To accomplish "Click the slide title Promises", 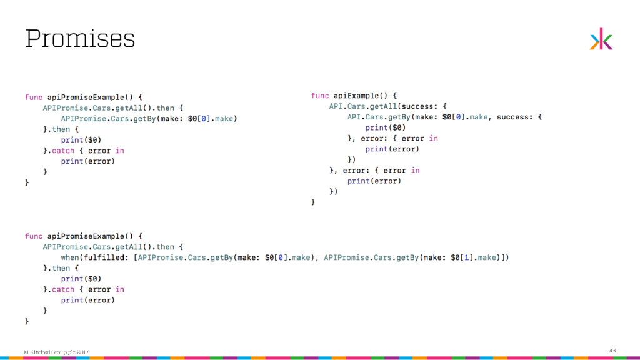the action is pos(80,39).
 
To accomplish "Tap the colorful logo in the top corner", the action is pos(601,39).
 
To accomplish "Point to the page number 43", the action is pos(612,351).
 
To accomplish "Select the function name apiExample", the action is pos(357,96).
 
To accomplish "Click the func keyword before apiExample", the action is pos(320,96).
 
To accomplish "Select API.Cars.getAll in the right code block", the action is pos(362,106).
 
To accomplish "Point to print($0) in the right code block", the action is pos(386,127).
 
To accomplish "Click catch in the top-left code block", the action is pos(62,151).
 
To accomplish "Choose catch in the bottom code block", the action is pos(62,289).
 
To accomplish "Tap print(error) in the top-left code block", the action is pos(87,161).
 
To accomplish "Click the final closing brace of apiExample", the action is pos(313,202).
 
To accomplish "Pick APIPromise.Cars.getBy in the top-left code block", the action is pos(107,118).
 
